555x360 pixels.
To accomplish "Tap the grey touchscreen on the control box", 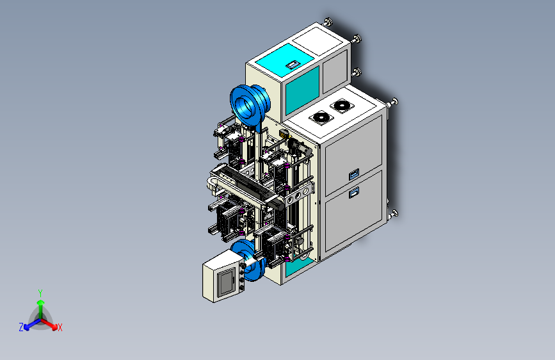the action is click(x=226, y=282).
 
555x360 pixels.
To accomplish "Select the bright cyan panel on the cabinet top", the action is click(x=285, y=59).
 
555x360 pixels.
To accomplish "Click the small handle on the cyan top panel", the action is click(x=293, y=65).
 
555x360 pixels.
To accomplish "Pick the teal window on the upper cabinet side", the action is click(x=302, y=90).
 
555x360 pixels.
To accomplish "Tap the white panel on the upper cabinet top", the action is click(x=318, y=41).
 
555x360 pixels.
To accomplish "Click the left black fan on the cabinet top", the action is click(x=321, y=118).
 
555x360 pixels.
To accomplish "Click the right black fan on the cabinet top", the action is click(x=342, y=105).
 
